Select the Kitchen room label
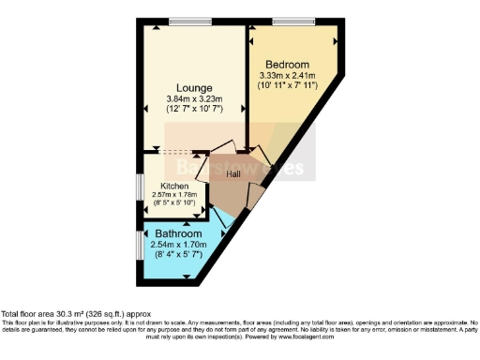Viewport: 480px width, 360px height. coord(175,186)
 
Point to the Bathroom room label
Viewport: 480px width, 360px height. coord(178,232)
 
